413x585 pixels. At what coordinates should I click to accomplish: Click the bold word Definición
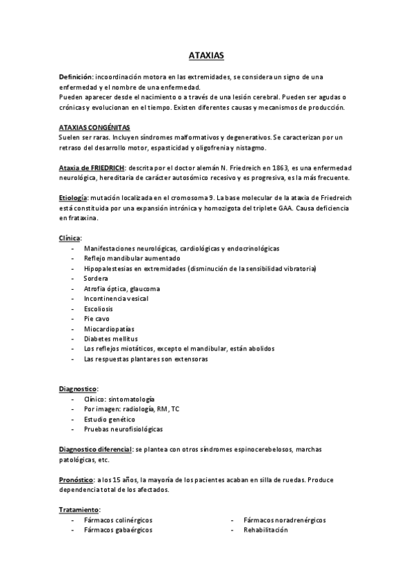pyautogui.click(x=77, y=76)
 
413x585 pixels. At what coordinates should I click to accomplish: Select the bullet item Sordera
pyautogui.click(x=97, y=278)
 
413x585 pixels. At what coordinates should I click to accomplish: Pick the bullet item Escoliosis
pyautogui.click(x=99, y=308)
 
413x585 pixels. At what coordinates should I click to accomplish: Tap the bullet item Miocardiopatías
pyautogui.click(x=107, y=329)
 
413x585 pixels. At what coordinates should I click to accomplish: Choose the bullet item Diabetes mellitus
pyautogui.click(x=110, y=339)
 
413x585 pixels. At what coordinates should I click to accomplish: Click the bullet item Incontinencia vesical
pyautogui.click(x=116, y=298)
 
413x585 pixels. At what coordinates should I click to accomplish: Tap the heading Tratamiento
pyautogui.click(x=79, y=510)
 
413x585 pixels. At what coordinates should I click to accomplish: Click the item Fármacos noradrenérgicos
pyautogui.click(x=284, y=520)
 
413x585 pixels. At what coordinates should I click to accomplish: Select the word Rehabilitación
pyautogui.click(x=264, y=530)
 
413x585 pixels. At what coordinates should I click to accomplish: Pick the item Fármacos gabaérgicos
pyautogui.click(x=118, y=530)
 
